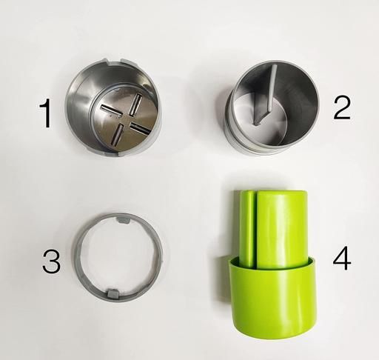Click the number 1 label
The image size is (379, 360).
(x=46, y=114)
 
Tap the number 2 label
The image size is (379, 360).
(x=342, y=107)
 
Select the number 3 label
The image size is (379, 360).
(x=51, y=261)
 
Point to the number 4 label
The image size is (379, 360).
(x=342, y=258)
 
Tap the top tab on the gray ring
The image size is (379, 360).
(x=123, y=219)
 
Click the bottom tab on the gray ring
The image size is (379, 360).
(x=113, y=293)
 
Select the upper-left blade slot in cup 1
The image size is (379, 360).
(x=110, y=110)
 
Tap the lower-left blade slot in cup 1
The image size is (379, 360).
(x=117, y=134)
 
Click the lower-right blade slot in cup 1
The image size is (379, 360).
(x=140, y=129)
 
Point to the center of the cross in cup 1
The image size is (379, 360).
(x=126, y=119)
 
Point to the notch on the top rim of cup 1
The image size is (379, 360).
(x=115, y=61)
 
